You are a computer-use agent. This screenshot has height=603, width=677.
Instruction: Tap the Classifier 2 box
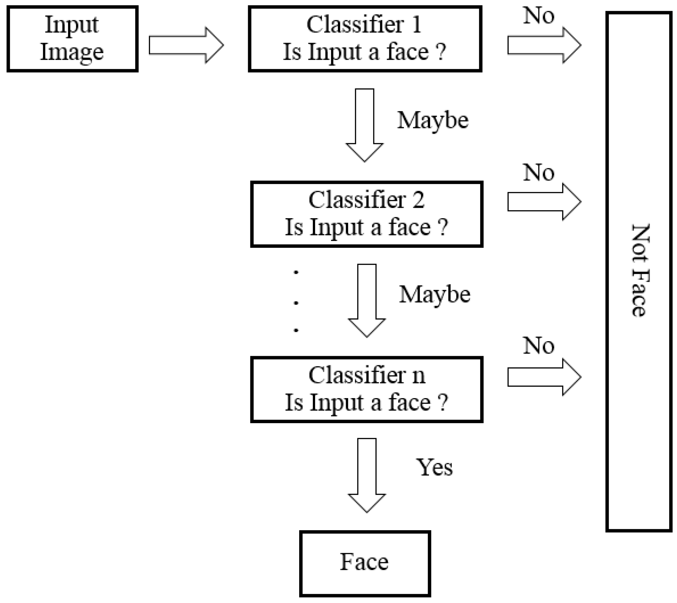click(366, 214)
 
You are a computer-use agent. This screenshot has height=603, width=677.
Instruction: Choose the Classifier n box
click(366, 389)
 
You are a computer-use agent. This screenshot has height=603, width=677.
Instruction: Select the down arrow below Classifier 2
click(367, 300)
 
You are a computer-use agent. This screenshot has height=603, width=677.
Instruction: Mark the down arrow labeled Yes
click(367, 475)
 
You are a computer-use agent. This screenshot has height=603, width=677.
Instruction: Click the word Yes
click(434, 467)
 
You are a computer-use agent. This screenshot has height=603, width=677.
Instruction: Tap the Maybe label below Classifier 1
click(433, 120)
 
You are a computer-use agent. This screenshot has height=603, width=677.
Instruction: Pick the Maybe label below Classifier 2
click(434, 295)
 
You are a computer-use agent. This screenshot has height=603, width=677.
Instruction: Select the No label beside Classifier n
click(538, 345)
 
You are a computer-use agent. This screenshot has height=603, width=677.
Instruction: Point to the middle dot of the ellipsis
click(296, 303)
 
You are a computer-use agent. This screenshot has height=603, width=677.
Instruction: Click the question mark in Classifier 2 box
click(443, 227)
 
